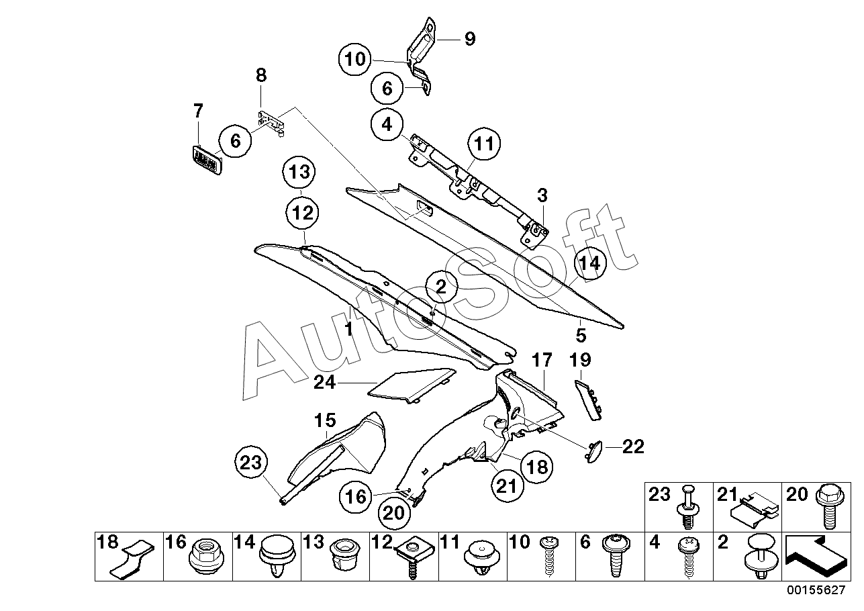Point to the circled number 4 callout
[x=388, y=124]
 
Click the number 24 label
[x=327, y=383]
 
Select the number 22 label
[x=633, y=446]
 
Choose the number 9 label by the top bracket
[x=469, y=39]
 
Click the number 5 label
[x=581, y=334]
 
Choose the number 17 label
[x=542, y=361]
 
